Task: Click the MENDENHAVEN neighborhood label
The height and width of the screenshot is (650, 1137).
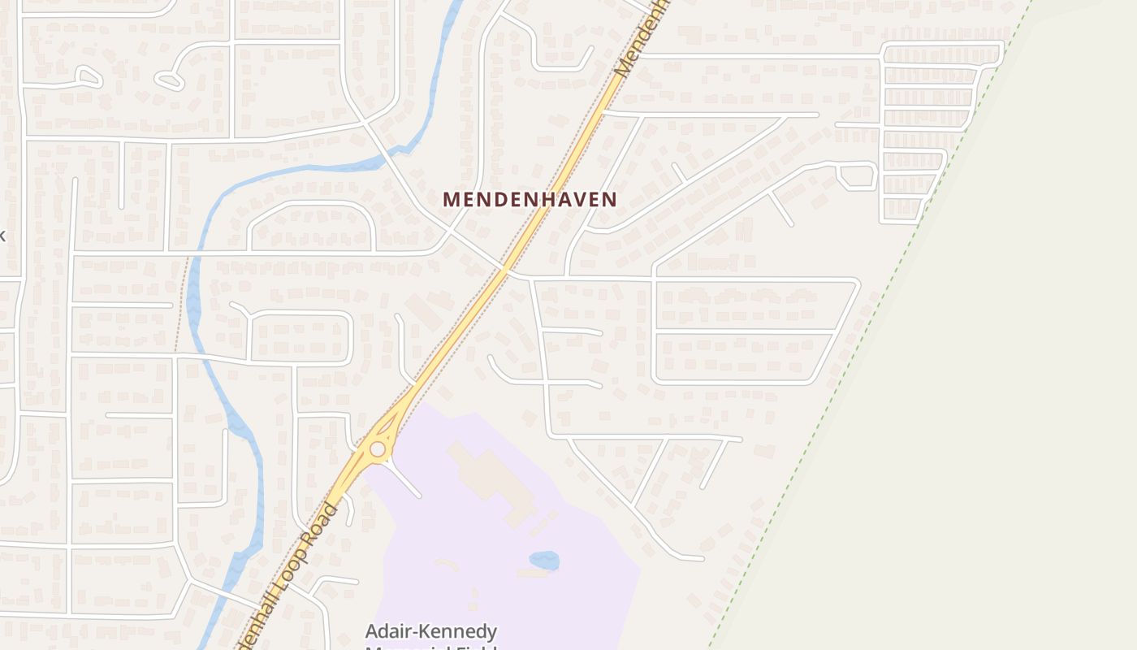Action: click(530, 199)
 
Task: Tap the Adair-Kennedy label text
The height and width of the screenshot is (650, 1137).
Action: click(430, 631)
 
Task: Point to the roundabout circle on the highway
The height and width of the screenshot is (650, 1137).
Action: click(378, 449)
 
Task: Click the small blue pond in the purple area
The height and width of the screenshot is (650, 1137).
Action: click(543, 561)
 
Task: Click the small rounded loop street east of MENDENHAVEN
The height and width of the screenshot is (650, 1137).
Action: click(858, 175)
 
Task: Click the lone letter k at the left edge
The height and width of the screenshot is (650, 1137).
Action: click(2, 236)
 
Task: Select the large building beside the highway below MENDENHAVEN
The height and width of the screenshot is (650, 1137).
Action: click(425, 314)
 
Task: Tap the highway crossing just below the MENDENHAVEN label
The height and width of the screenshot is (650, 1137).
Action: click(504, 269)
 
